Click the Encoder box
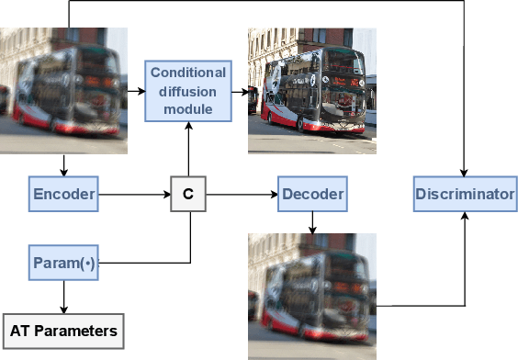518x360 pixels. click(63, 195)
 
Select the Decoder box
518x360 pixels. click(312, 195)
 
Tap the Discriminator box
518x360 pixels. click(465, 195)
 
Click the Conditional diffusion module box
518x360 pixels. click(187, 91)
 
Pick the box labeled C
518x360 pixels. click(188, 195)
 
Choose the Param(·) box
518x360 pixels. click(63, 264)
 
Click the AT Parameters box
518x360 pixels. click(63, 331)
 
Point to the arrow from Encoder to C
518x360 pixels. click(134, 195)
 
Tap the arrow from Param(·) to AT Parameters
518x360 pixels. click(63, 297)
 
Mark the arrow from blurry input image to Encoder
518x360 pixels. click(63, 164)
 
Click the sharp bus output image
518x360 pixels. click(311, 90)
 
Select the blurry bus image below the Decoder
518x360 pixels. click(312, 295)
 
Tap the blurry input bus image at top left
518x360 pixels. click(62, 90)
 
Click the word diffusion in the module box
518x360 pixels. click(187, 91)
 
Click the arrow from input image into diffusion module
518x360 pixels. click(135, 91)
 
